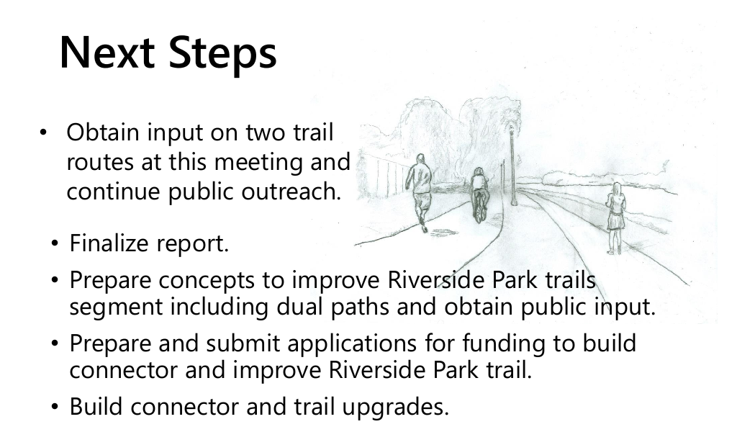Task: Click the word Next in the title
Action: point(107,52)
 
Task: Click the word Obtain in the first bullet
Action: point(104,132)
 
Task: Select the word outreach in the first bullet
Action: point(291,192)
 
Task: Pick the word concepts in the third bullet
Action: point(207,281)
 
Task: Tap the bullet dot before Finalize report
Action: point(55,243)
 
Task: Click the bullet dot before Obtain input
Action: point(43,132)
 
